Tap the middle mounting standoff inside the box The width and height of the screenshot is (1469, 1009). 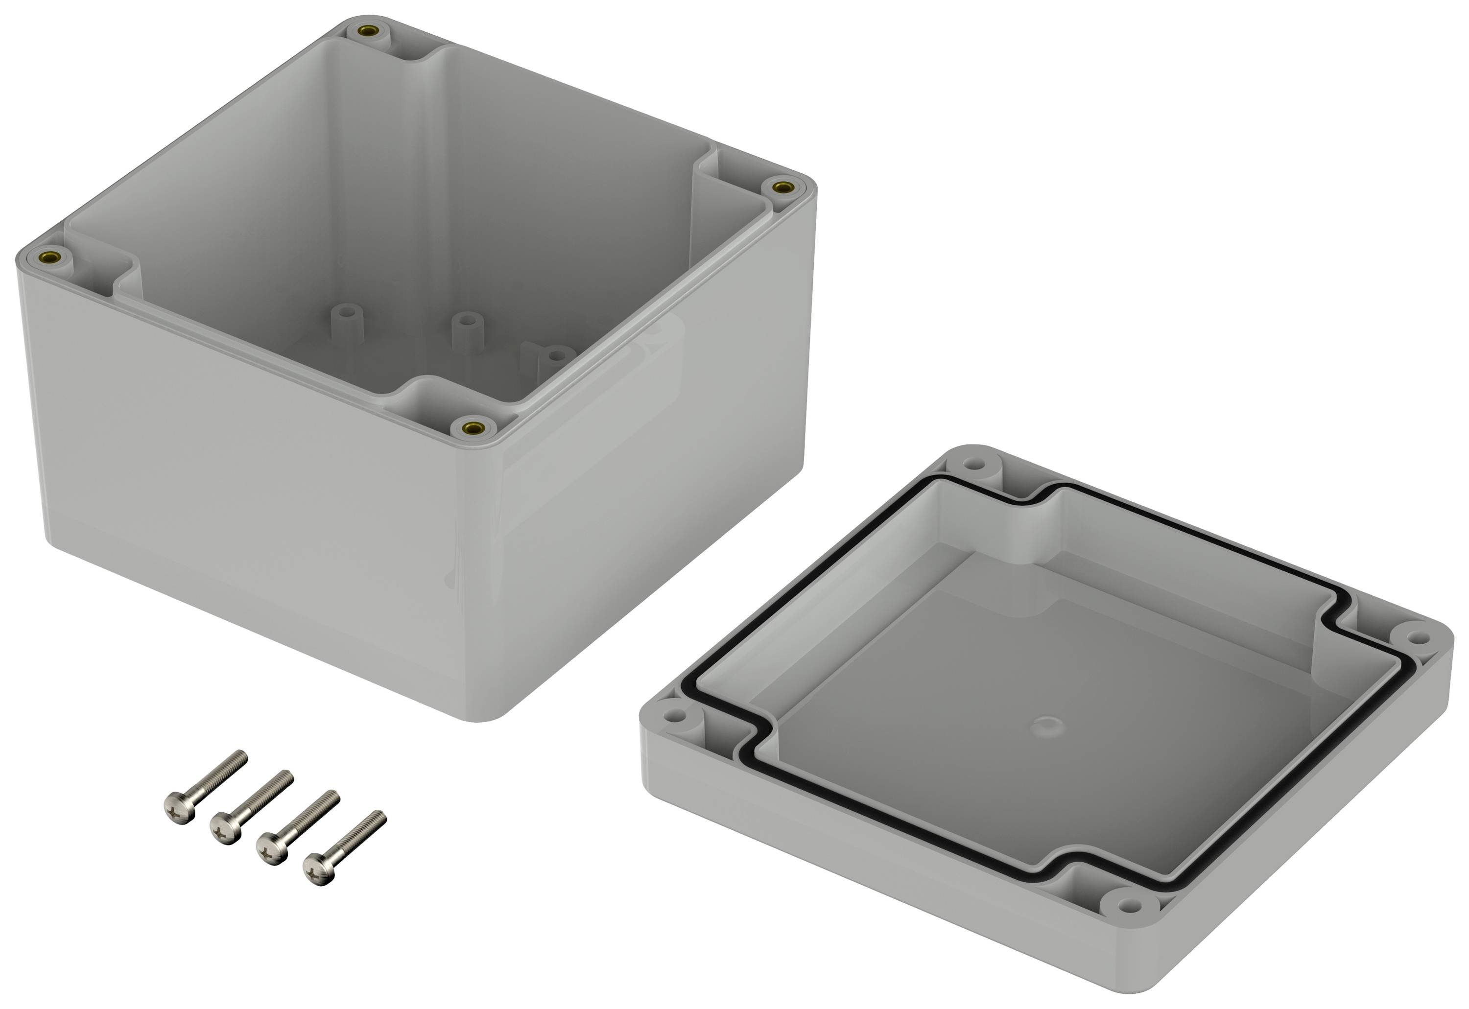[x=466, y=320]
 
